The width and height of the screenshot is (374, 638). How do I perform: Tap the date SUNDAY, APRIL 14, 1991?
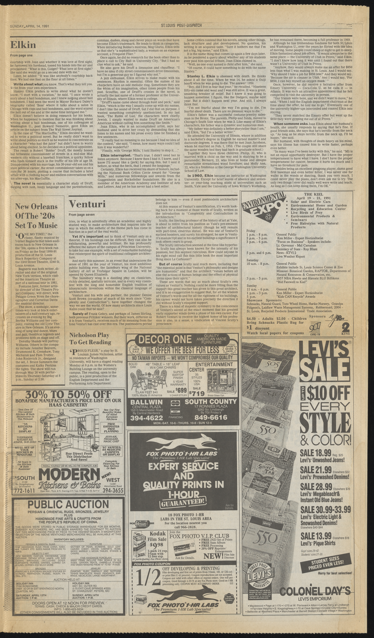[29, 26]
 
